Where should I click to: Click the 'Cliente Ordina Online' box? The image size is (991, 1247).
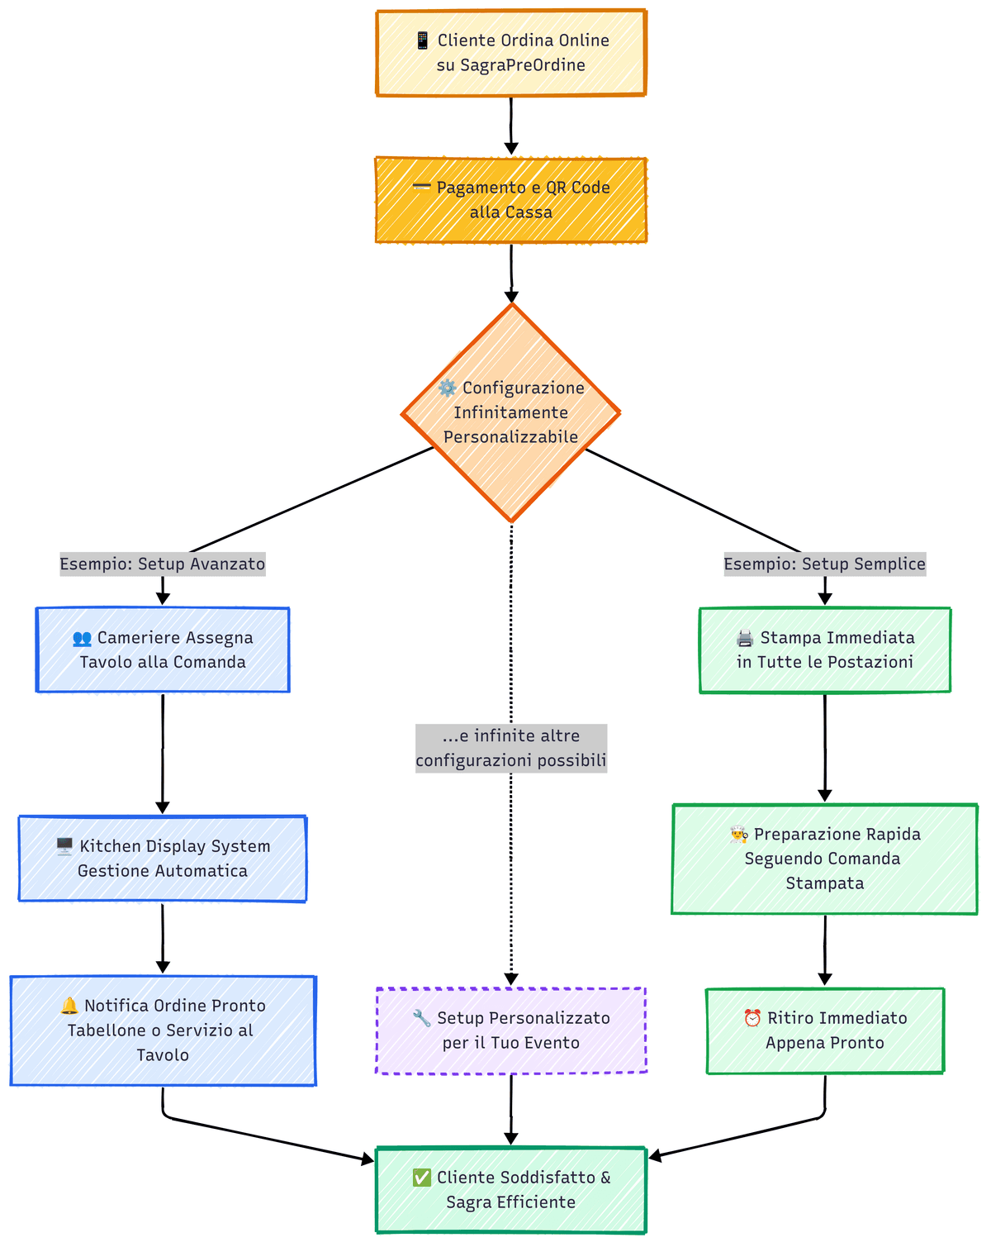(510, 53)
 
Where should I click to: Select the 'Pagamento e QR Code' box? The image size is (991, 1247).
(510, 200)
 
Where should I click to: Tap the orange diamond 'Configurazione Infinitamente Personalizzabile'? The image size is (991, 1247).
(510, 412)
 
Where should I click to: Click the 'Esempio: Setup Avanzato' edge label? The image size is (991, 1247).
(163, 564)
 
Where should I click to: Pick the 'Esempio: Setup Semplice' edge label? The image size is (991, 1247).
(824, 564)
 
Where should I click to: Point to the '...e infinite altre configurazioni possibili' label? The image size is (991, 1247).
(510, 748)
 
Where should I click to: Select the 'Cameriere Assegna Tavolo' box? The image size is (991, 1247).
(163, 650)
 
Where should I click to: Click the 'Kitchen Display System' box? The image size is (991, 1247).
(163, 859)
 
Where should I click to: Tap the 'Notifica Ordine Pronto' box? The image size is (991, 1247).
(163, 1030)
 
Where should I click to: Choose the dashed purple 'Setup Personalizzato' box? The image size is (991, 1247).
(510, 1030)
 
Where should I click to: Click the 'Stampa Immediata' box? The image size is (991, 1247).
(824, 650)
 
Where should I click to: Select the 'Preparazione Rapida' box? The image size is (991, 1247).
(824, 859)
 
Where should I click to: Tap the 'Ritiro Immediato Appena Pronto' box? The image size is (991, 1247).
(824, 1030)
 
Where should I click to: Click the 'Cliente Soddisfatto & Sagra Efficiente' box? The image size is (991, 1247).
(510, 1190)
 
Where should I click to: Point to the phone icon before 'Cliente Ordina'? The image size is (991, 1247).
(422, 40)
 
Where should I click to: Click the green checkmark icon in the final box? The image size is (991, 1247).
(421, 1178)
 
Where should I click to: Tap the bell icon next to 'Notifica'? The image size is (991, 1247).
(69, 1006)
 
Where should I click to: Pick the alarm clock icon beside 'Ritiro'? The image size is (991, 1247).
(752, 1018)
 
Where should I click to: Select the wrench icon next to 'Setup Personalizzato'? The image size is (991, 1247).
(422, 1018)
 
